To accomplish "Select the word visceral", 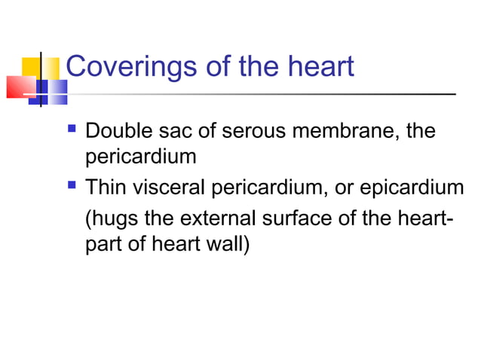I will [168, 185].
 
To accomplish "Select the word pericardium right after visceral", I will [265, 185].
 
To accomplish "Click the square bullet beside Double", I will [73, 131].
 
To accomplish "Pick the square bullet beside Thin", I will [73, 185].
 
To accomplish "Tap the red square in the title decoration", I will [18, 86].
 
